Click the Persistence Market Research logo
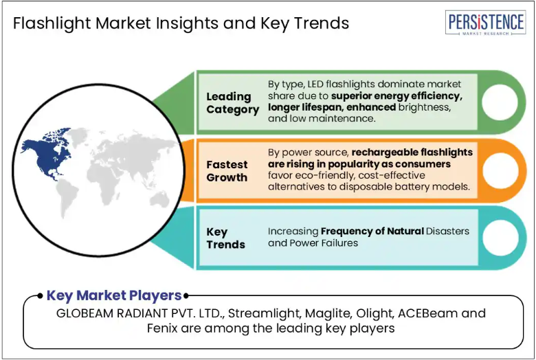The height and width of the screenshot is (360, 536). coord(485,23)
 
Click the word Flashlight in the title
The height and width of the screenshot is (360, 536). coord(52,23)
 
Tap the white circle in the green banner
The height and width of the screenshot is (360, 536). coord(500,102)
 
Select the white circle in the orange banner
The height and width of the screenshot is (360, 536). coord(500,170)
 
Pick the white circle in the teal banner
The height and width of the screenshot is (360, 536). coord(500,238)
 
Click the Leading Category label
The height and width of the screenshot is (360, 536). coord(232,103)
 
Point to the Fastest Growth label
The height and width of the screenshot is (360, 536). coord(227,171)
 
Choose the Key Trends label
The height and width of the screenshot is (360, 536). coord(225,238)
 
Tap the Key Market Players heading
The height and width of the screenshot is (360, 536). coord(114,295)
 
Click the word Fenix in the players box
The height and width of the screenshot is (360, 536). coord(162,328)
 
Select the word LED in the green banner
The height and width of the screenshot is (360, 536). coord(315,84)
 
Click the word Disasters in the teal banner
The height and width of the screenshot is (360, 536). coord(447,231)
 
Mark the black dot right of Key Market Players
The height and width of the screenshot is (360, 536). coord(186,295)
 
